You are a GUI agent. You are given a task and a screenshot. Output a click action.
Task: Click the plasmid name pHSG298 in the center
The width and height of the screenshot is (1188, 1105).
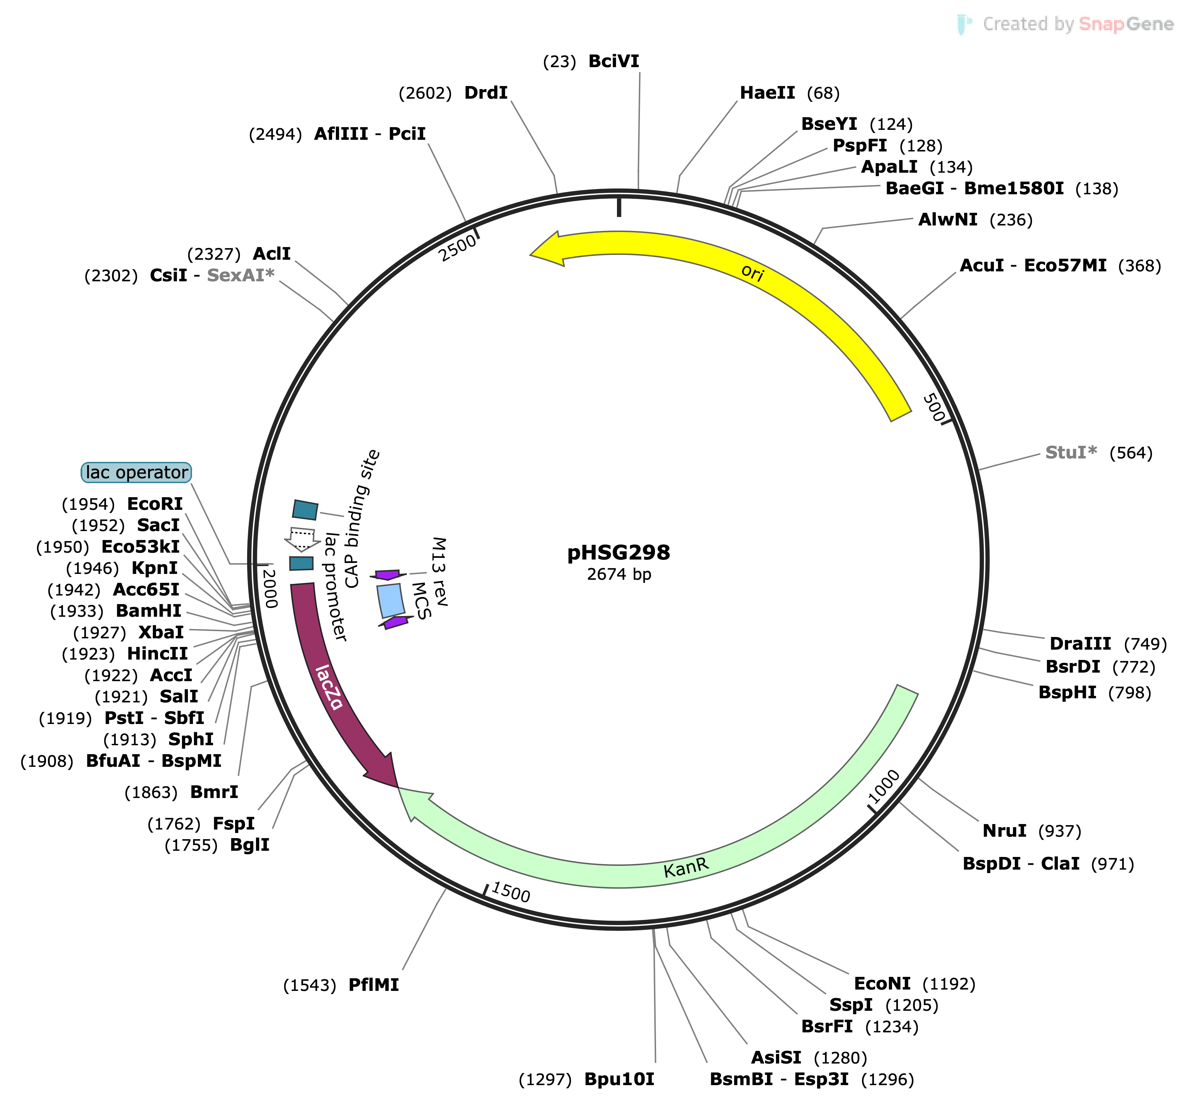[618, 552]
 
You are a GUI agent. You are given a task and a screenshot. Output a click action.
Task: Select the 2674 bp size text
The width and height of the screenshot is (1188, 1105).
[618, 575]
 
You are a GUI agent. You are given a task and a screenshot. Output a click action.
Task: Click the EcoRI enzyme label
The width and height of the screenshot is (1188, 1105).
[155, 504]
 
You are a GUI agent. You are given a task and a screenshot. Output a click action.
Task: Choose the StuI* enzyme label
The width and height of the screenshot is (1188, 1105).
[1071, 453]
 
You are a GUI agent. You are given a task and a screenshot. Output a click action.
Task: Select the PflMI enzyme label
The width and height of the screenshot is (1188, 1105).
[374, 985]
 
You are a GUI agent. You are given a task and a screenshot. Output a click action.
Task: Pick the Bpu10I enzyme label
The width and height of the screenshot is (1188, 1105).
[619, 1079]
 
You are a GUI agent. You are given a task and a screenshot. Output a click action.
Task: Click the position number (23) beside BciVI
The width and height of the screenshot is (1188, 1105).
[559, 62]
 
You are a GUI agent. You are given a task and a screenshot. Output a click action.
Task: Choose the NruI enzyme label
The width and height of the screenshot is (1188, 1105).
[1005, 831]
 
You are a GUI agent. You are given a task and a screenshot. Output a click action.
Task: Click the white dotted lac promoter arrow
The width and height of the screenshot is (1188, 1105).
[302, 539]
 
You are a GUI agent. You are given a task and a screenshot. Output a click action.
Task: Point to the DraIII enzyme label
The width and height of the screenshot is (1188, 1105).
[1080, 644]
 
